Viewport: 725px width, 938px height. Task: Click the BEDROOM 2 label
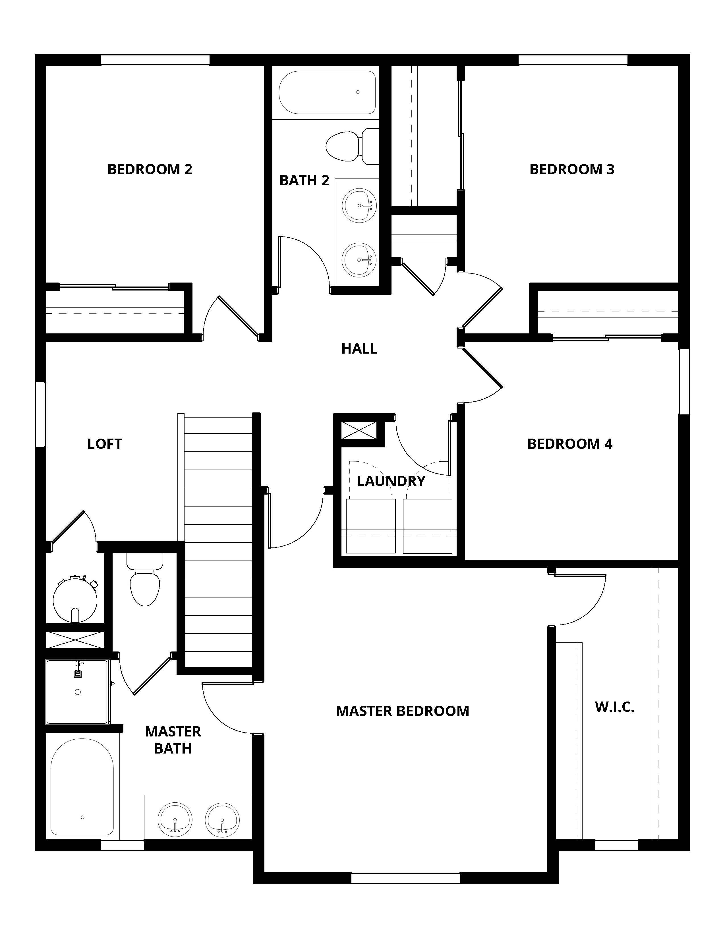pos(150,169)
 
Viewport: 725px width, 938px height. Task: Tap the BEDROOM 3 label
pos(572,169)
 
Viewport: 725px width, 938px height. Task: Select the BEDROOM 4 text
pos(569,444)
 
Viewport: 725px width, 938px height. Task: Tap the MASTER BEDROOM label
pos(402,711)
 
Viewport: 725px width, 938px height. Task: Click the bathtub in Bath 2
pos(327,92)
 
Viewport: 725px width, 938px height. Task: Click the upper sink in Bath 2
pos(359,205)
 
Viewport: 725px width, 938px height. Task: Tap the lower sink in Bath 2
pos(359,260)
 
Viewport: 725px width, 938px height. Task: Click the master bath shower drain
pos(78,692)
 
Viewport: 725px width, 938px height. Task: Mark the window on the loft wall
pos(40,414)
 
